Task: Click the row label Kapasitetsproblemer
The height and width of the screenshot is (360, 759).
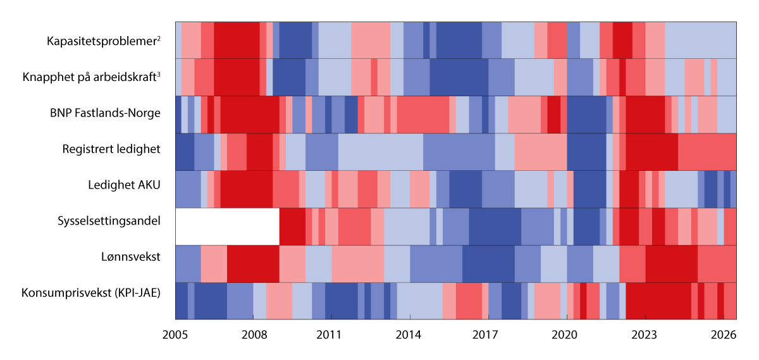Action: [x=102, y=41]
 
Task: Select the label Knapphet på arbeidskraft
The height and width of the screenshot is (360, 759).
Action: [x=89, y=77]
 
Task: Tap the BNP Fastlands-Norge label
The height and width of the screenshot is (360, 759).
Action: [x=105, y=113]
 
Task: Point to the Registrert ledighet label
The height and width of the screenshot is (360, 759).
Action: [x=111, y=149]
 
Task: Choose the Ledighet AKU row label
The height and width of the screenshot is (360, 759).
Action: [x=124, y=185]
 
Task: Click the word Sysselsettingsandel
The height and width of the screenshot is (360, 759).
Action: [x=109, y=221]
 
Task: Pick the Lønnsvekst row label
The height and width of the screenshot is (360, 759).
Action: [x=130, y=257]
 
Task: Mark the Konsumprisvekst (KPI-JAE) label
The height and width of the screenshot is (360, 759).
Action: [x=91, y=292]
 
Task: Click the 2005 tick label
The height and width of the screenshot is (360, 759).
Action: [x=175, y=335]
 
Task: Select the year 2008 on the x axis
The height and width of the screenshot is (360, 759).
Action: [x=254, y=335]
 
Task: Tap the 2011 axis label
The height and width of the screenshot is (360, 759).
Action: [x=329, y=335]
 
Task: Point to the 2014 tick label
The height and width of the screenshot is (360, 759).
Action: [x=409, y=335]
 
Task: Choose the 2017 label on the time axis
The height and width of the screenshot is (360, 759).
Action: [x=485, y=335]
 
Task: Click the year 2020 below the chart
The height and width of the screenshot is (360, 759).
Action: [x=564, y=335]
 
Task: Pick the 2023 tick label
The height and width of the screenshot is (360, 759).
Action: [x=644, y=335]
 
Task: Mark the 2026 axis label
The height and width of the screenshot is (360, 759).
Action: [x=724, y=335]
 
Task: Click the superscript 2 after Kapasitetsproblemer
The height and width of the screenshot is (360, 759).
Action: [x=159, y=38]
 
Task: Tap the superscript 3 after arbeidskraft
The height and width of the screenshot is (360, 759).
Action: [x=159, y=74]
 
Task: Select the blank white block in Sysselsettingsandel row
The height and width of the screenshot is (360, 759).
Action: [x=227, y=227]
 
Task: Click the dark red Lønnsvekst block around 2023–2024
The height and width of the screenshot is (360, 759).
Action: [x=672, y=264]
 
